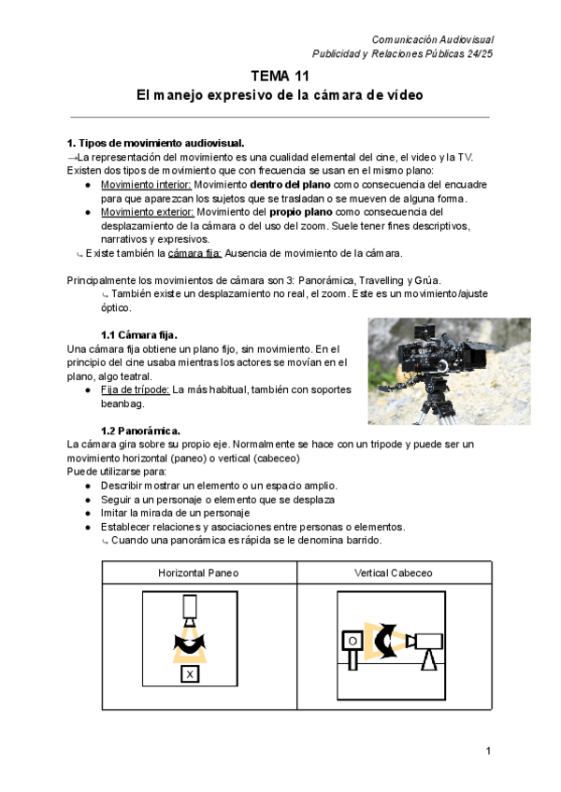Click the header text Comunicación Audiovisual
coord(432,39)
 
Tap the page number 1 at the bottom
coord(488,751)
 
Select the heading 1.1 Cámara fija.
coord(138,334)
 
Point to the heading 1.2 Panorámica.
coord(140,431)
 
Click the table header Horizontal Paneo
coord(198,572)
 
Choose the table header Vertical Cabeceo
coord(393,572)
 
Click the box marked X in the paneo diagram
coord(190,673)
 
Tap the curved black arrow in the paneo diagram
coord(190,643)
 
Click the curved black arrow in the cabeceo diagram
coord(386,640)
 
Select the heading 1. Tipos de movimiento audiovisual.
coord(155,143)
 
